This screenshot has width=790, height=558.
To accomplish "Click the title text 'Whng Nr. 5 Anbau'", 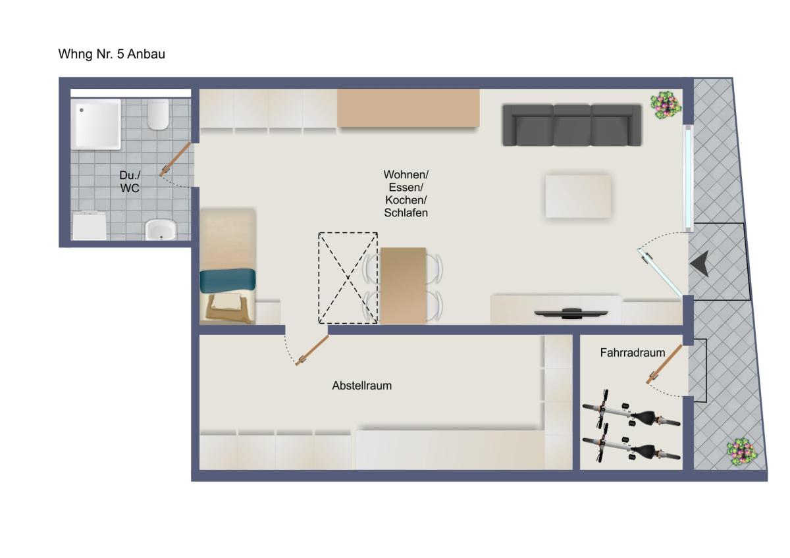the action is tap(111, 54).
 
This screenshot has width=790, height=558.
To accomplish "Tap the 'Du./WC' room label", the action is tap(130, 182).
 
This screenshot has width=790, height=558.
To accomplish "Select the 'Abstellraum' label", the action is tap(362, 386).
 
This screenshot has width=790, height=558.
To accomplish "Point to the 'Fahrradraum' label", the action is tap(633, 353).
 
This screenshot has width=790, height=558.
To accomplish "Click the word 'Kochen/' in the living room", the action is tap(406, 200).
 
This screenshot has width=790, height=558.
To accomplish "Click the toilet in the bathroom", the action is tap(158, 114).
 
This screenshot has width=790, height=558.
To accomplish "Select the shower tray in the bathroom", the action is tap(96, 124).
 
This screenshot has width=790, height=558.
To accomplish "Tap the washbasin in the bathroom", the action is tap(161, 230).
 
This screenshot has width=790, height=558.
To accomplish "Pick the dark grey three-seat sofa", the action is tap(571, 125).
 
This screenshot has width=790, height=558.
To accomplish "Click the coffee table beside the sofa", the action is tap(578, 196).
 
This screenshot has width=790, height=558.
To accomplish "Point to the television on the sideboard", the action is tap(571, 313).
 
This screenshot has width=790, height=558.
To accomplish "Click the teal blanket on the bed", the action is tap(228, 280).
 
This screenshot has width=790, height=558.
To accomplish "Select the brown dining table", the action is tap(403, 286).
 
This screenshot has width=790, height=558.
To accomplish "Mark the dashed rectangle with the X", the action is tap(348, 278).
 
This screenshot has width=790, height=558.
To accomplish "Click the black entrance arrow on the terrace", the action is tap(699, 264).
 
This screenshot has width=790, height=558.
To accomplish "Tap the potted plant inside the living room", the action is tap(666, 105).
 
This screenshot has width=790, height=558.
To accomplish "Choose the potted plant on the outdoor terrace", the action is tap(742, 452).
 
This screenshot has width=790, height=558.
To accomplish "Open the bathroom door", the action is tap(174, 159).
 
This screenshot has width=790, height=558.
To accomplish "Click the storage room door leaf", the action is tap(312, 350).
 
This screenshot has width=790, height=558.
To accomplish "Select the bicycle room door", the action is tap(664, 364).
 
